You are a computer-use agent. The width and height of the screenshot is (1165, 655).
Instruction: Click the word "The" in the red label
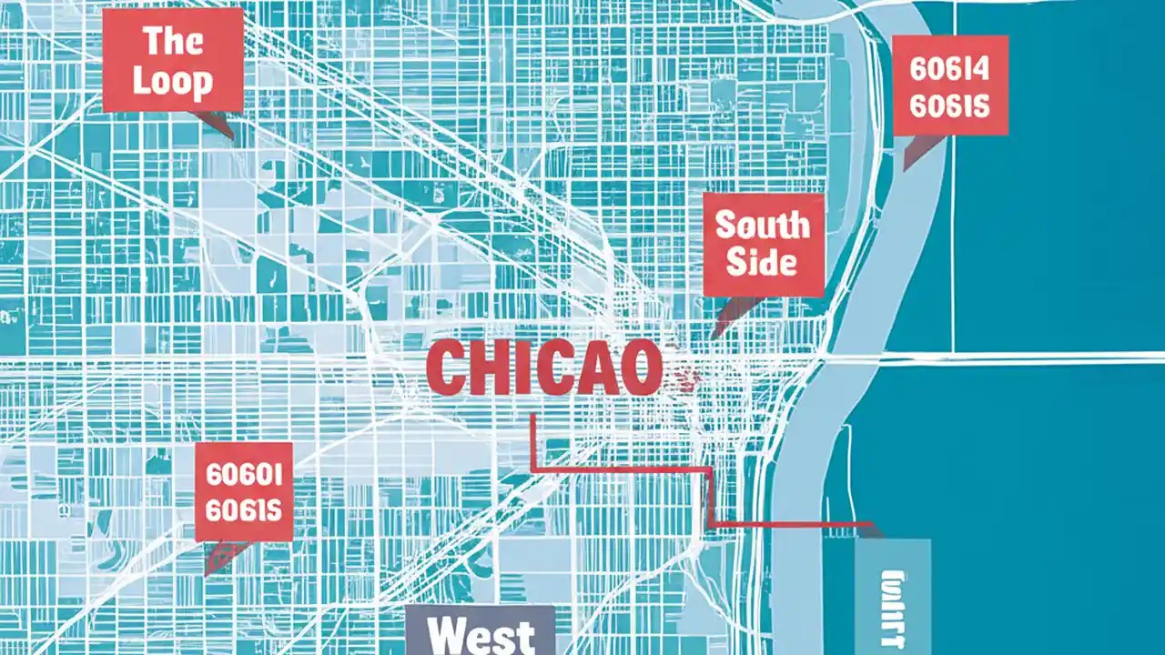172,41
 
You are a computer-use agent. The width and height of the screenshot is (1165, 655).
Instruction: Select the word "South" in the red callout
763,225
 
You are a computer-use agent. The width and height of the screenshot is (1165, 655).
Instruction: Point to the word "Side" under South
763,263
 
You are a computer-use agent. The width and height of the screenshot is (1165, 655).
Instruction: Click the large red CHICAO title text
543,368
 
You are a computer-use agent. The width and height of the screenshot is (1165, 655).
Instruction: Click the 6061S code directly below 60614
949,106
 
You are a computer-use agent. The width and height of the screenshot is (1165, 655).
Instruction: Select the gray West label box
480,630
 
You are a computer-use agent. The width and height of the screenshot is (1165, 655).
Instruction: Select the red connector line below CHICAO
619,470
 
